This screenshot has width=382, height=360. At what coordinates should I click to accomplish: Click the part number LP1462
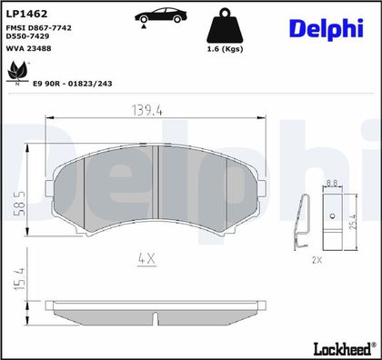[x=26, y=14]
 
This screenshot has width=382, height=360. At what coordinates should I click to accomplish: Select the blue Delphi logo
[x=327, y=29]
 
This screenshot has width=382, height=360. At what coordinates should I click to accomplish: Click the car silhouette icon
[x=161, y=15]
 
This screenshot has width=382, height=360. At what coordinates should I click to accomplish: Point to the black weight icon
[x=225, y=25]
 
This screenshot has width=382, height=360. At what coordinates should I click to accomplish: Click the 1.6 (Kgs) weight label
[x=225, y=49]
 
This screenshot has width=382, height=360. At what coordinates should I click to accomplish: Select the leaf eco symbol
[x=18, y=72]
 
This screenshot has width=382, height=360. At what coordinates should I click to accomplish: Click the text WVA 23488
[x=28, y=48]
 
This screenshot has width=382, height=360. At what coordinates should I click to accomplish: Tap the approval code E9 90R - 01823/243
[x=73, y=84]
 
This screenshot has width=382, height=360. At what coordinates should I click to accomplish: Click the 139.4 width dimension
[x=147, y=110]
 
